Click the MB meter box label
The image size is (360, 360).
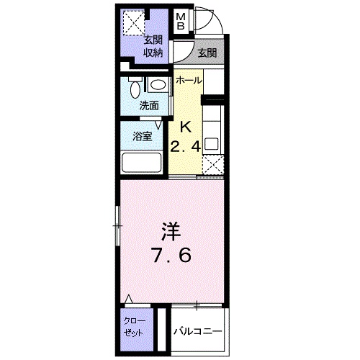pyautogui.click(x=182, y=22)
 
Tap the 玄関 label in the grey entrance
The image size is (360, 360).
pyautogui.click(x=207, y=52)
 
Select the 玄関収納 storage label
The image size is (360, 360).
pyautogui.click(x=152, y=45)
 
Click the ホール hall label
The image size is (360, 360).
pyautogui.click(x=189, y=80)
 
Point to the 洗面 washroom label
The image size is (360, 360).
pyautogui.click(x=148, y=105)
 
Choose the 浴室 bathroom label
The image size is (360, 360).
pyautogui.click(x=143, y=137)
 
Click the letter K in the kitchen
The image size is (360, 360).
pyautogui.click(x=185, y=127)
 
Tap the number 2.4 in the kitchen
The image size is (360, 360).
pyautogui.click(x=184, y=146)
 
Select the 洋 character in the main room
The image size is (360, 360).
pyautogui.click(x=170, y=232)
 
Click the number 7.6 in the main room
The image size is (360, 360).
pyautogui.click(x=171, y=256)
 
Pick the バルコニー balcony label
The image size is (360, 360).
pyautogui.click(x=197, y=331)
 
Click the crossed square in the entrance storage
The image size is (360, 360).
pyautogui.click(x=132, y=22)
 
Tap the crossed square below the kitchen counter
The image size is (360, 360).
pyautogui.click(x=213, y=166)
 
